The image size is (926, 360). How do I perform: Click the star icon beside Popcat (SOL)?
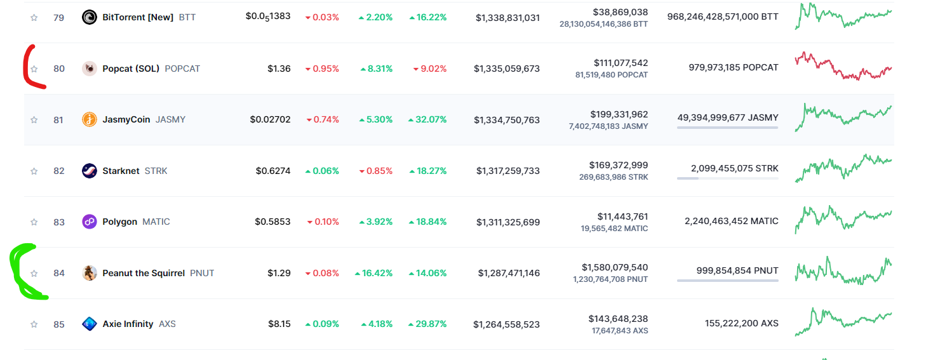pos(34,69)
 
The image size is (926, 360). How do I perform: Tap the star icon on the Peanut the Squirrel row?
pos(34,273)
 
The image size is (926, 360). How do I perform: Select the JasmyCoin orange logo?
pos(90,119)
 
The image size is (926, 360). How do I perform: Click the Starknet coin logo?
pos(90,171)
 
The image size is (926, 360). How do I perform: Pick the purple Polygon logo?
pos(90,222)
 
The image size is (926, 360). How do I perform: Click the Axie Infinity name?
pos(128,324)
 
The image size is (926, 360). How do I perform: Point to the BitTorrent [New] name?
pos(138,17)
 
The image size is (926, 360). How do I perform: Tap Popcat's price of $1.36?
pos(279,69)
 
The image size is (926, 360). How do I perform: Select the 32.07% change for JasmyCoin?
pos(428,119)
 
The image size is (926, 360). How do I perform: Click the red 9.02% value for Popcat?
pos(430,69)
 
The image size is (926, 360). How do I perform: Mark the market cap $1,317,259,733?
pos(507,171)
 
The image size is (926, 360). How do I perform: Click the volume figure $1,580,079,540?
pos(615,267)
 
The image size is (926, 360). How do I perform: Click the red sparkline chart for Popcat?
pos(843,66)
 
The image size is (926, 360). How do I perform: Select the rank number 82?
pos(59,171)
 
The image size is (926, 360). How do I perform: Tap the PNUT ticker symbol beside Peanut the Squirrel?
pos(202,273)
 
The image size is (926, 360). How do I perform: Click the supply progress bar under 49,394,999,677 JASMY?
pos(727,128)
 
